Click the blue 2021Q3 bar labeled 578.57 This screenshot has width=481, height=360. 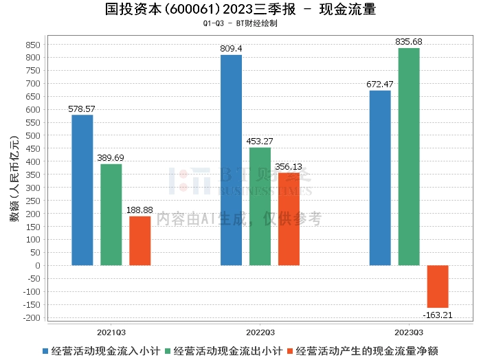[82, 190]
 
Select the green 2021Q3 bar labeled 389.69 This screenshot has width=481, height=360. [111, 214]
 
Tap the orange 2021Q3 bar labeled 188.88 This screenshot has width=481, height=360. [140, 240]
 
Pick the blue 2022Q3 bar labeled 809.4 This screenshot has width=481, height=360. [231, 160]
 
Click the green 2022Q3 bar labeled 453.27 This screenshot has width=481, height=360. [260, 206]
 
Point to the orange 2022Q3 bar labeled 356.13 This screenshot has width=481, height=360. [289, 219]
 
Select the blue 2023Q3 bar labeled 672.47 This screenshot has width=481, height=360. [380, 178]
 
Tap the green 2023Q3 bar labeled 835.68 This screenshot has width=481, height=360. [409, 157]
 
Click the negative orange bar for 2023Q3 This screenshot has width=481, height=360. [438, 286]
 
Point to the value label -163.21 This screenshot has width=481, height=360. [438, 315]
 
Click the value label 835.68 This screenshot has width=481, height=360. [409, 42]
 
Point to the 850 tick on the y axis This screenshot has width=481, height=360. [32, 44]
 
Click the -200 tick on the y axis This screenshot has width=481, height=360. [30, 318]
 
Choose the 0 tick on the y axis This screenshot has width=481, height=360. [38, 266]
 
